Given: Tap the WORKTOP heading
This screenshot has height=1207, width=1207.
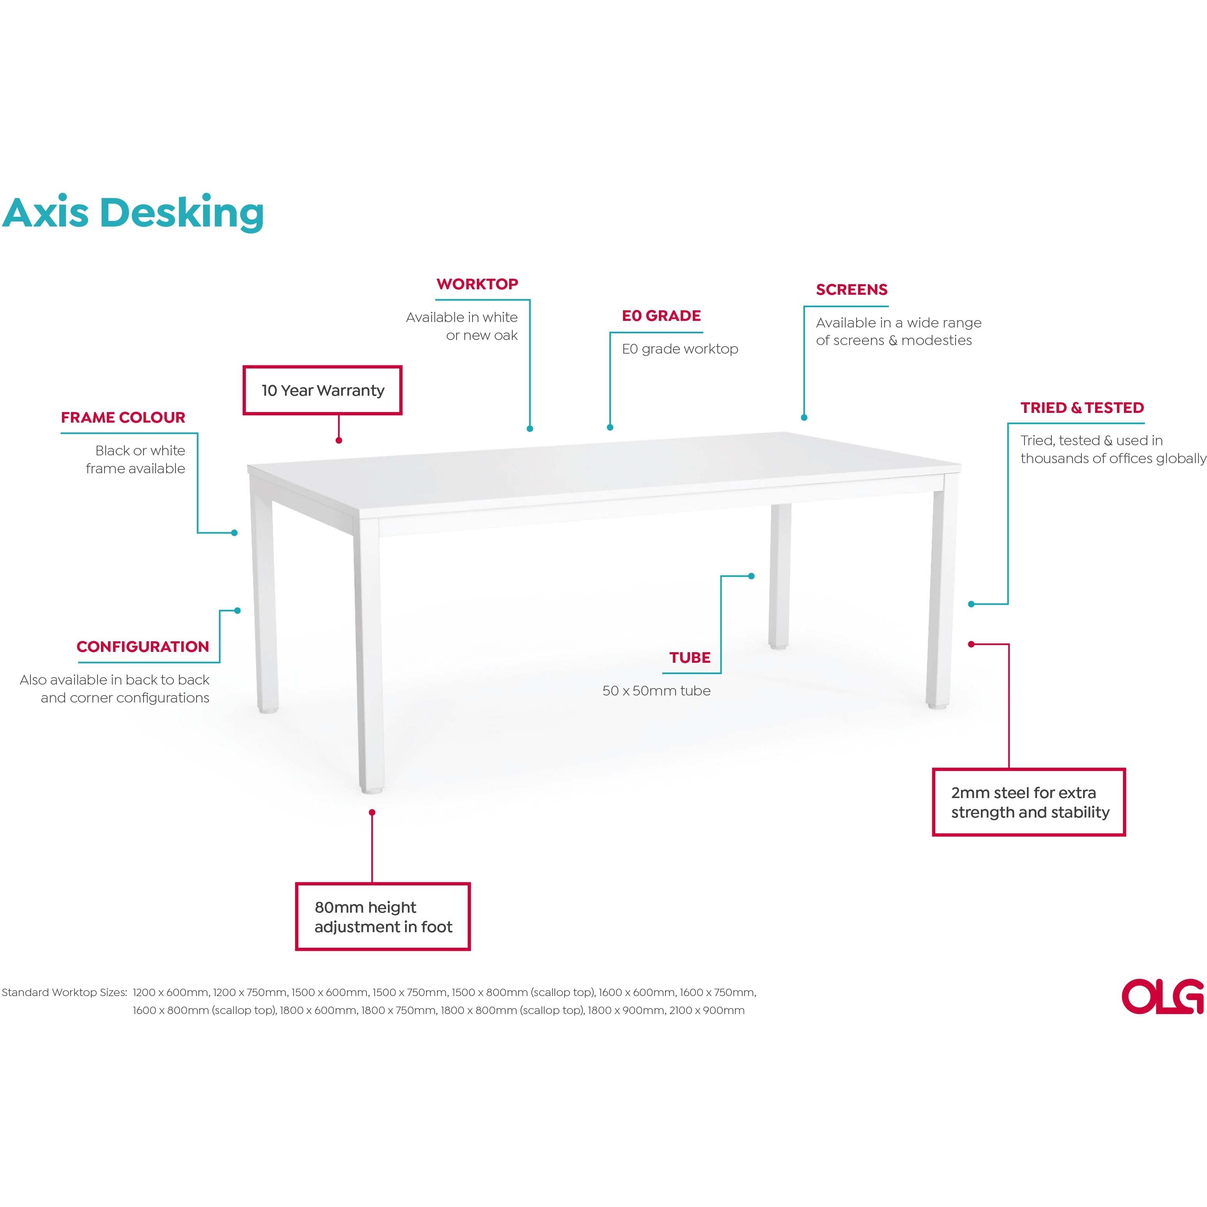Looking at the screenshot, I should (x=477, y=284).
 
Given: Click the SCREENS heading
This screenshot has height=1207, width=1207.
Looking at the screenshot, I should (x=851, y=290).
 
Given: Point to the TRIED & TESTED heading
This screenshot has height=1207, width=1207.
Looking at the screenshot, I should (x=1082, y=408).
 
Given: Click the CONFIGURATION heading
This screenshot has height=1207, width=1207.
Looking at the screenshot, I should (x=142, y=647).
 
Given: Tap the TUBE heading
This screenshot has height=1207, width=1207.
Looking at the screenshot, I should (x=690, y=658).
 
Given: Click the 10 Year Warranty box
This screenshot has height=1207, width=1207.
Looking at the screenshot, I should (x=322, y=391).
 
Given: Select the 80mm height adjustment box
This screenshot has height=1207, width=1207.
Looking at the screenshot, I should (x=383, y=917).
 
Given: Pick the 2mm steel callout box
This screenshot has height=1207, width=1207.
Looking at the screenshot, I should (x=1029, y=803).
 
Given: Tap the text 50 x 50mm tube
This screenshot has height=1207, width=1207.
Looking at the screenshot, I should (x=656, y=691).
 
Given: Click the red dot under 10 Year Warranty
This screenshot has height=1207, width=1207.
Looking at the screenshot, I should (x=339, y=441).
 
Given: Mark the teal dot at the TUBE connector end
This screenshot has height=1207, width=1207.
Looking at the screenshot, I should (x=752, y=576).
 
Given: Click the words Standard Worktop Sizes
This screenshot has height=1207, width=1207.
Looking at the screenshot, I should (x=64, y=993).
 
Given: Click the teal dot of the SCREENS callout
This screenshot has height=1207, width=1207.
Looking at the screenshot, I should (x=804, y=417).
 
